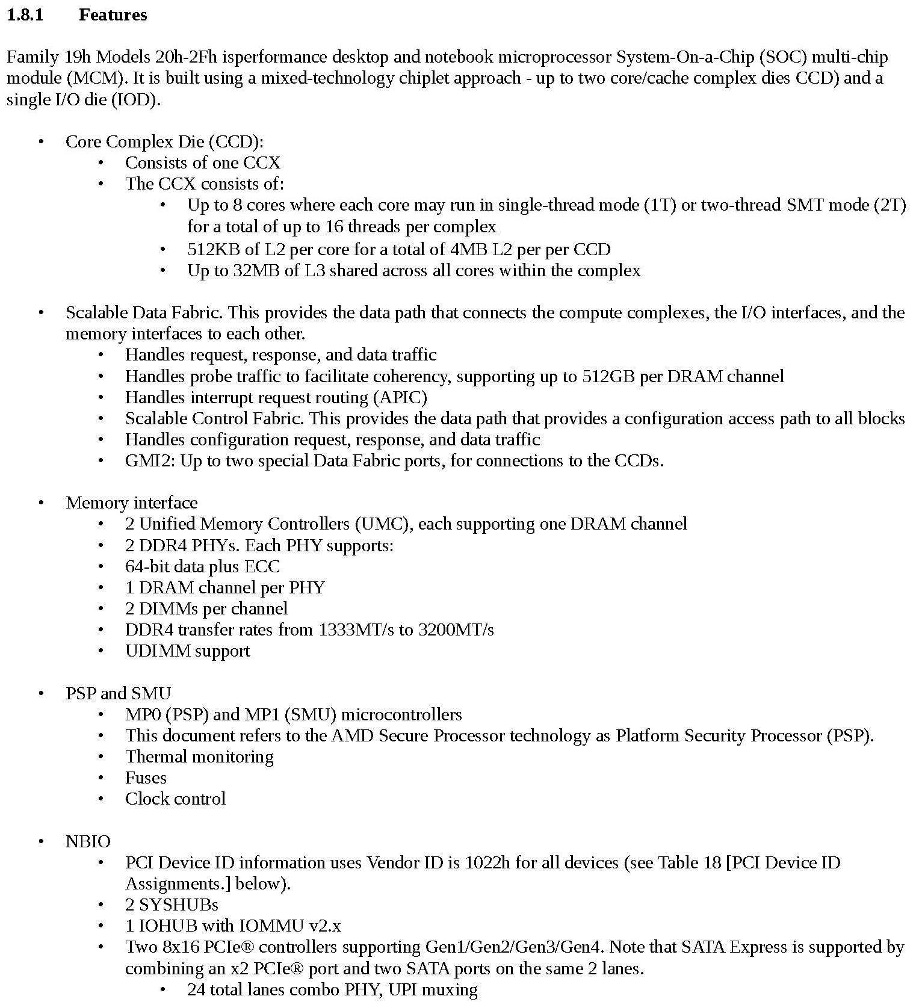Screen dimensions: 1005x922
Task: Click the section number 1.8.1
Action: point(25,15)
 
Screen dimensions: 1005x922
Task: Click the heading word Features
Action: point(113,15)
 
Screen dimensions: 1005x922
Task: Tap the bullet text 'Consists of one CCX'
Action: point(202,162)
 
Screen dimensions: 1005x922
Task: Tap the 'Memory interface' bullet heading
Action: point(131,502)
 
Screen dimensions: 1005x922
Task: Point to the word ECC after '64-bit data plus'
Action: point(262,566)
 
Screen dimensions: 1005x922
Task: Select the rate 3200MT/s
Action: point(456,629)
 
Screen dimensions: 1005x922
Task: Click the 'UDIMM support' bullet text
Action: point(187,651)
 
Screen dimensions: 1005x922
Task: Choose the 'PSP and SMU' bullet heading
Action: point(118,693)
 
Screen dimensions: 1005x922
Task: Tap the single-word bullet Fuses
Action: point(146,778)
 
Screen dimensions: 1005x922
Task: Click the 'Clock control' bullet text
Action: point(175,799)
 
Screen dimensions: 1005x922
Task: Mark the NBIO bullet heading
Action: point(88,841)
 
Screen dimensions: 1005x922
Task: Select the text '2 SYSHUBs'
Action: point(172,904)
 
